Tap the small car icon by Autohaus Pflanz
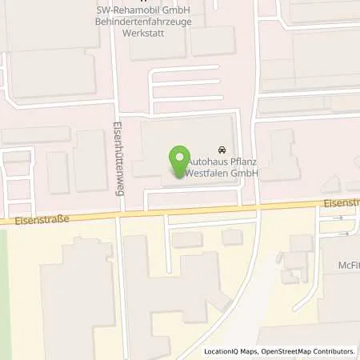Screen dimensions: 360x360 [x=221, y=150]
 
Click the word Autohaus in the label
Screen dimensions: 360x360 [x=206, y=161]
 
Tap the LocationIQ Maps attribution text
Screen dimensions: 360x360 [x=231, y=351]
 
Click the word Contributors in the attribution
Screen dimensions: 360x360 [x=332, y=351]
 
